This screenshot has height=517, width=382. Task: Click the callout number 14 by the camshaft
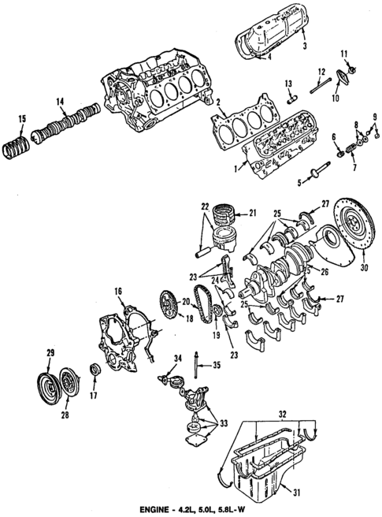pyautogui.click(x=60, y=102)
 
